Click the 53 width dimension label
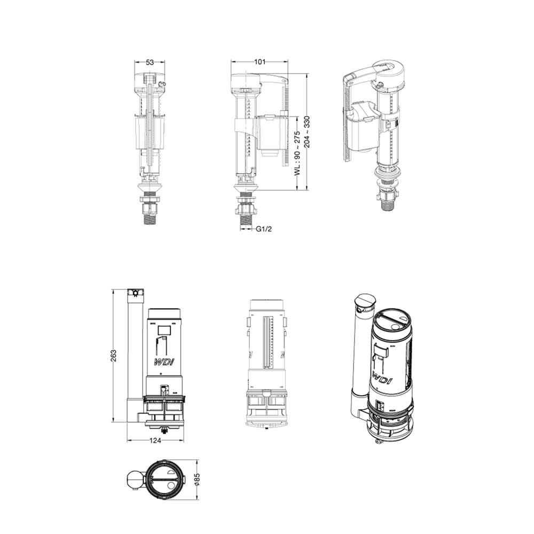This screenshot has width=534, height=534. click(x=150, y=62)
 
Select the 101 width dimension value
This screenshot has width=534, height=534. click(x=260, y=61)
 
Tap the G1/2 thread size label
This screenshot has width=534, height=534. click(x=264, y=229)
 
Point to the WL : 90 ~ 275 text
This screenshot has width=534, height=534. click(x=297, y=153)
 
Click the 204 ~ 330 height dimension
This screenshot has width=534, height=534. click(x=307, y=132)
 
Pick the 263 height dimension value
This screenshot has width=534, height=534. click(x=113, y=356)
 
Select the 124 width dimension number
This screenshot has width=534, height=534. click(x=155, y=441)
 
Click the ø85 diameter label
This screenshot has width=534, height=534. click(x=197, y=479)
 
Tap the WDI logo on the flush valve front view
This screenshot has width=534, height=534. click(x=164, y=362)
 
